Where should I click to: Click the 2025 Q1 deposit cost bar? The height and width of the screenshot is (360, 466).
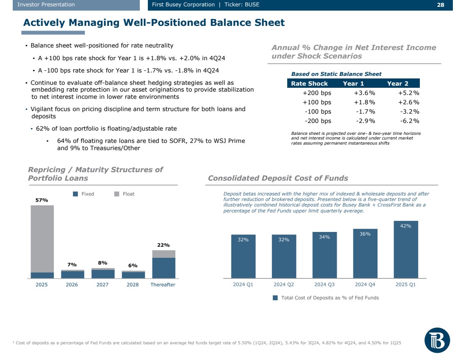point(405,249)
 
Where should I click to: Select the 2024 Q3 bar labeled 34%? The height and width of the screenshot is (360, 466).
point(324,254)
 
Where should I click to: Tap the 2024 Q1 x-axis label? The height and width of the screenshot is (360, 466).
point(243,285)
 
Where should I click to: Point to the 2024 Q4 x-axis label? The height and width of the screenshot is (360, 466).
point(365,285)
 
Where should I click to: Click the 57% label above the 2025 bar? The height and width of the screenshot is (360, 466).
point(42,200)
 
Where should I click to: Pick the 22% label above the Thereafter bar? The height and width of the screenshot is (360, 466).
point(163,245)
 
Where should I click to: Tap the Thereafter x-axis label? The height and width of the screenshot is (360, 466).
point(163,285)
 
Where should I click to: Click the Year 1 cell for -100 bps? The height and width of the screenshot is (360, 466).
point(365,112)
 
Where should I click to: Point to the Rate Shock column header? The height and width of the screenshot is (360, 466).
point(309,84)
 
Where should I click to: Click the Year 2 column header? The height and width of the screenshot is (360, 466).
point(397,84)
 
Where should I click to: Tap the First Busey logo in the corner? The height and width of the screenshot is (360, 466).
point(437,340)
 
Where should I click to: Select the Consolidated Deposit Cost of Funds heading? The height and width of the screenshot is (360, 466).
point(278,178)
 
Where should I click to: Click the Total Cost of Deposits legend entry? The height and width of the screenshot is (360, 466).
point(326,298)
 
